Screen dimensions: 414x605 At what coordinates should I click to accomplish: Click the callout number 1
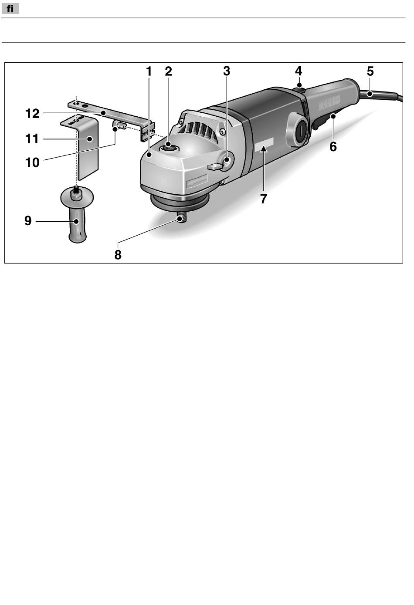(149, 71)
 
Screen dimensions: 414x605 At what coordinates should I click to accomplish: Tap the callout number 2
(168, 71)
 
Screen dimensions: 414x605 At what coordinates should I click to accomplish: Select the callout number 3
(227, 71)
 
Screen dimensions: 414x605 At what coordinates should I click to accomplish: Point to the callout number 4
(299, 71)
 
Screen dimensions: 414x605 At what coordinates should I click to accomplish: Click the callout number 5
(370, 71)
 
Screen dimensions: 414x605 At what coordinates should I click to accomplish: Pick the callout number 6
(333, 147)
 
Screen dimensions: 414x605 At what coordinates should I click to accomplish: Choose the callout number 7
(263, 199)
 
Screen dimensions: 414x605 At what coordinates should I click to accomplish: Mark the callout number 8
(118, 254)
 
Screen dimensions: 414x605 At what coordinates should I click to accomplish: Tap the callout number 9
(28, 221)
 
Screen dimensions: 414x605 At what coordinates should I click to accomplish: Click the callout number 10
(33, 162)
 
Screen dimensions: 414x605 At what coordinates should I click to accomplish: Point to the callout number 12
(33, 114)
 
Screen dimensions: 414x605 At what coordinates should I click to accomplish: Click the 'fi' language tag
(10, 8)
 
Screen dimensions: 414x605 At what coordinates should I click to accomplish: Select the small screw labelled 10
(119, 127)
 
